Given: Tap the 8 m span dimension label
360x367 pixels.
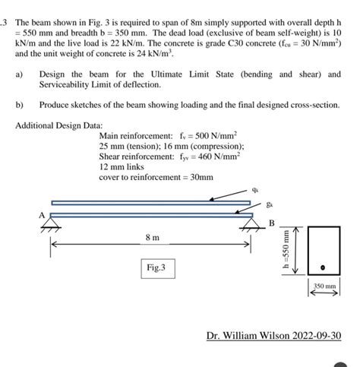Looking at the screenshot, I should pos(152,238).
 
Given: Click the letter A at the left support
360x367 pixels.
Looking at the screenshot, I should pos(43,215).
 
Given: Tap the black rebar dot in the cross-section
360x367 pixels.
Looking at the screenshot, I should pos(322,267).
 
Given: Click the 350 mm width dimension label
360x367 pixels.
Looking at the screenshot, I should pos(323,287).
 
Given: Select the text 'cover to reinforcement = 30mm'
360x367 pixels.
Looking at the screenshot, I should pos(156,177).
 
